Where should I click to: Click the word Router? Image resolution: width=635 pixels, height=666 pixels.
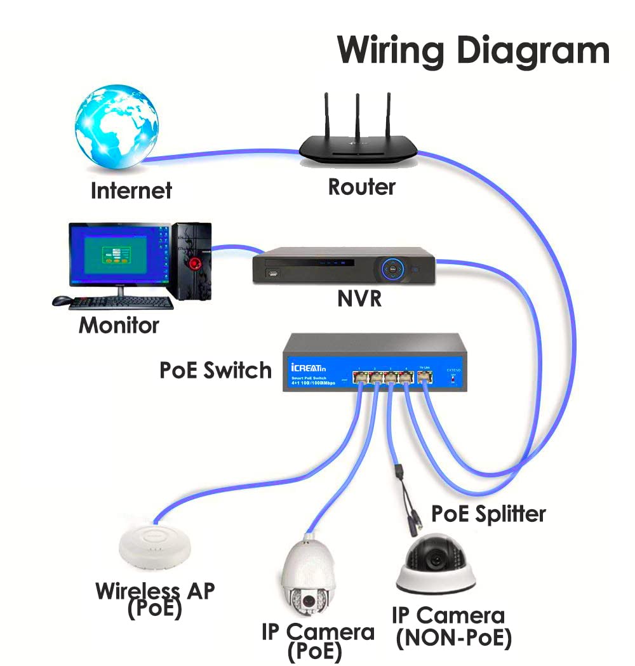point(361,187)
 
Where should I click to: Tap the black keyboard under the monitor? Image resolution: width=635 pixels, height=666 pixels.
point(120,303)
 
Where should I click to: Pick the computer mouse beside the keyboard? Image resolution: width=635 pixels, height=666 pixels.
point(62,301)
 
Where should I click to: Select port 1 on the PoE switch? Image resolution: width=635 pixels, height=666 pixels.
point(360,378)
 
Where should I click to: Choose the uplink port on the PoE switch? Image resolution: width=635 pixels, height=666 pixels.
point(425,378)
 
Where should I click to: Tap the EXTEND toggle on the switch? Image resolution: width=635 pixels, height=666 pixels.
point(452,378)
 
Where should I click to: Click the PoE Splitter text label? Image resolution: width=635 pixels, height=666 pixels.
point(488,513)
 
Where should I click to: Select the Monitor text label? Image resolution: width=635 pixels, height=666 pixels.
point(119,325)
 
